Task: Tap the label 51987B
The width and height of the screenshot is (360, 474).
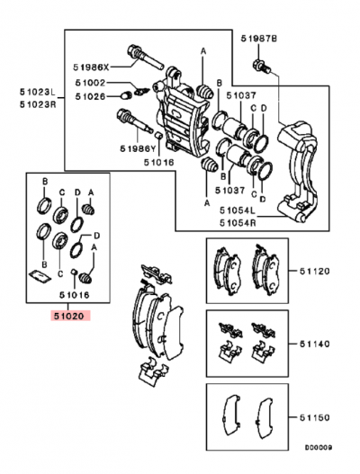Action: pos(259,39)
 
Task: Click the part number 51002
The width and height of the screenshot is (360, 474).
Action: pos(91,82)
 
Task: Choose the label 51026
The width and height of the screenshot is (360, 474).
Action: pos(91,96)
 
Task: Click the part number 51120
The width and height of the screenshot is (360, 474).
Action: pos(310,270)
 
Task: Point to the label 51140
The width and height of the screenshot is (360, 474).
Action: pos(310,343)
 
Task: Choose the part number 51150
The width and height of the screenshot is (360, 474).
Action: pos(310,418)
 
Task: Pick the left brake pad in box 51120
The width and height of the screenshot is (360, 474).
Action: pos(221,266)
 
